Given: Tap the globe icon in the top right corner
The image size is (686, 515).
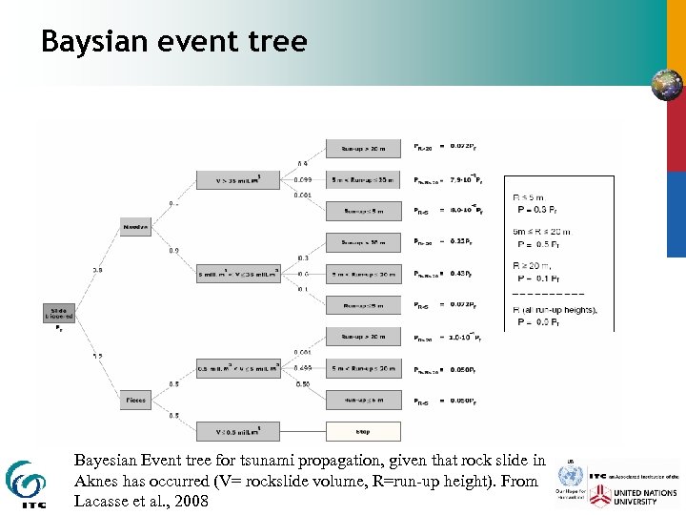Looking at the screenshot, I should pyautogui.click(x=666, y=85).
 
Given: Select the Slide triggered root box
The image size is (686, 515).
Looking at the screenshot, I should pyautogui.click(x=59, y=312).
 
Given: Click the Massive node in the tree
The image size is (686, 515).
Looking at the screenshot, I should pyautogui.click(x=136, y=226).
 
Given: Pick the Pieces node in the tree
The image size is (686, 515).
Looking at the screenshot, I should pyautogui.click(x=136, y=399).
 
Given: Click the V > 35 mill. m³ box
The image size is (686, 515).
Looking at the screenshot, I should pyautogui.click(x=237, y=179).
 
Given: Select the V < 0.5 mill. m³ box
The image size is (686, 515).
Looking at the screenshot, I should pyautogui.click(x=237, y=430).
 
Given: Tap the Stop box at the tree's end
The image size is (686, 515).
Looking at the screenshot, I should pyautogui.click(x=362, y=431).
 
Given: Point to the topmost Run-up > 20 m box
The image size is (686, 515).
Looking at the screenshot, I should pyautogui.click(x=362, y=148).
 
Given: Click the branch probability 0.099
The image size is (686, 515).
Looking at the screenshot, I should pyautogui.click(x=303, y=179).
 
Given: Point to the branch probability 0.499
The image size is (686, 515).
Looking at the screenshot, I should pyautogui.click(x=303, y=367).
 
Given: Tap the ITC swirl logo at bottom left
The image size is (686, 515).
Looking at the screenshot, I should pyautogui.click(x=26, y=483).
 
